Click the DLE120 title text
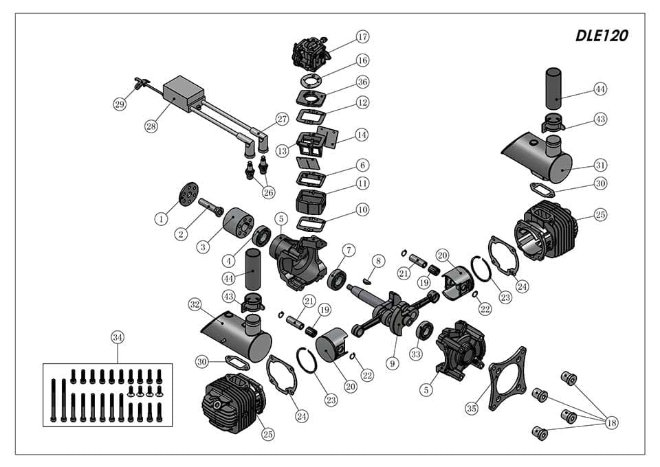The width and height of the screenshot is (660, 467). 602,36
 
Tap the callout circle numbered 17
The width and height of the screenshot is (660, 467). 362,36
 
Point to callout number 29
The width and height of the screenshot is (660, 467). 120,104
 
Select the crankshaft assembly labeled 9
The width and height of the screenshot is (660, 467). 388,313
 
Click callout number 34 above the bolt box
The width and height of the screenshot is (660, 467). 118,337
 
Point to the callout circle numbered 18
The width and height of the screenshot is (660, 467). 610,423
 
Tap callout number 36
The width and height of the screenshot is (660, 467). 362,82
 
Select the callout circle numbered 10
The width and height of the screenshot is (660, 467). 362,209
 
